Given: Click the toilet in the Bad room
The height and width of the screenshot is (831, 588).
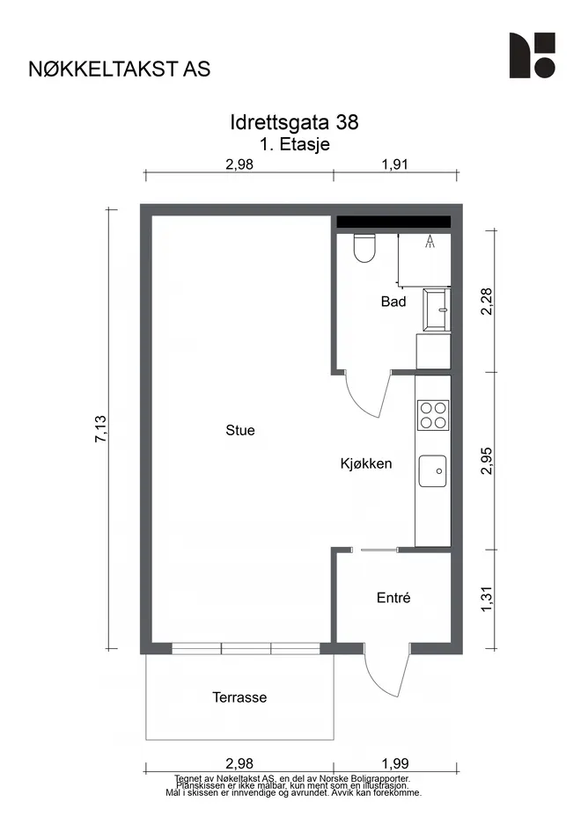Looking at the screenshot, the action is click(364, 248).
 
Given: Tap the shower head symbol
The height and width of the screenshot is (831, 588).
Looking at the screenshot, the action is click(430, 242).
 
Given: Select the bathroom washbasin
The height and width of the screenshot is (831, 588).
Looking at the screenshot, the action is click(437, 310).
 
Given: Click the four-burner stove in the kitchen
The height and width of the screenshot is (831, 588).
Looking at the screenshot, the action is click(433, 415).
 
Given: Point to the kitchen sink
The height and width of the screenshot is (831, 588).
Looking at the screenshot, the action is click(432, 470).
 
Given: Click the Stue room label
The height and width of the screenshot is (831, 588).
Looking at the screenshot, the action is click(240, 430).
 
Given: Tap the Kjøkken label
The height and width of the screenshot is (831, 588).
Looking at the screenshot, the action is click(366, 463).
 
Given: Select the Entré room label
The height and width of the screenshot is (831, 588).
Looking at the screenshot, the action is click(393, 598).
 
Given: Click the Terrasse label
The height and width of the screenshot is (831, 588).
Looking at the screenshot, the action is click(239, 697).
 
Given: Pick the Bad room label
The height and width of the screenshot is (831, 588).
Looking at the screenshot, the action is click(393, 302).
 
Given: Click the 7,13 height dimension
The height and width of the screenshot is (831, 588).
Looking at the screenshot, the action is click(101, 429).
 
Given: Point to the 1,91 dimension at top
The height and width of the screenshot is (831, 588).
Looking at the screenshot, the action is click(395, 164).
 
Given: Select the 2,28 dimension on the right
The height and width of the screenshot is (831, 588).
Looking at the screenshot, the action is click(487, 301).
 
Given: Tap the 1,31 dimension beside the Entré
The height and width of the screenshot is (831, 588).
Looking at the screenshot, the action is click(487, 599).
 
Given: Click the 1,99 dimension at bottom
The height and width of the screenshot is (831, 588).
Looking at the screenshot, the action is click(395, 763).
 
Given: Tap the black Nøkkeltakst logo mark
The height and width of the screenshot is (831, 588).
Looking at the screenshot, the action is click(533, 55).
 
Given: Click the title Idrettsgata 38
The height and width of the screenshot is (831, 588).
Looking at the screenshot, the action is click(294, 122).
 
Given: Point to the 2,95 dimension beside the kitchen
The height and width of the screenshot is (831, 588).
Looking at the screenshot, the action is click(487, 461).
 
